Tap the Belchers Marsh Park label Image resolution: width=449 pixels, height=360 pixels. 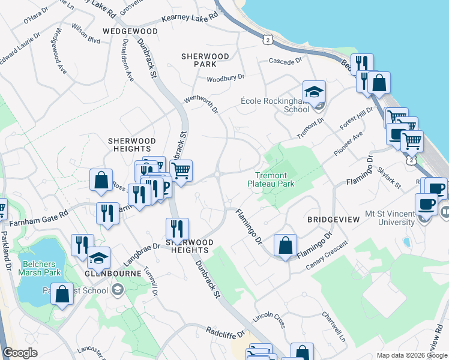40,268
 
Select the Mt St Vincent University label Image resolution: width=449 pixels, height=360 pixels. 390,218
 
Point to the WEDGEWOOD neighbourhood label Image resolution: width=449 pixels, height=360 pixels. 130,31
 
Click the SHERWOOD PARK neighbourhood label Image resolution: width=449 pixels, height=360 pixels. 205,59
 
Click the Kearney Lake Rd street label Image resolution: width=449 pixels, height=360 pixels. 188,19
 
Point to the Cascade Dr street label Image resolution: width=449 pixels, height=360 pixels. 285,61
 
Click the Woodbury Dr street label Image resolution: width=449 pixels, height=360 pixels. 226,78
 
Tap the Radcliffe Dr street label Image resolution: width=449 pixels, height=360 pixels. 226,331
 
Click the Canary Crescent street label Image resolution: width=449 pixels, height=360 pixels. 327,255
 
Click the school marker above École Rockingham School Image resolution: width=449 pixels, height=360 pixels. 314,92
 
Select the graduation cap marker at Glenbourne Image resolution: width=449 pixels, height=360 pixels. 98,258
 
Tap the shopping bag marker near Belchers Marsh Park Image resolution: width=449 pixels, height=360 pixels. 61,294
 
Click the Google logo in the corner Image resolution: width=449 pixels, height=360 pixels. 20,353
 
